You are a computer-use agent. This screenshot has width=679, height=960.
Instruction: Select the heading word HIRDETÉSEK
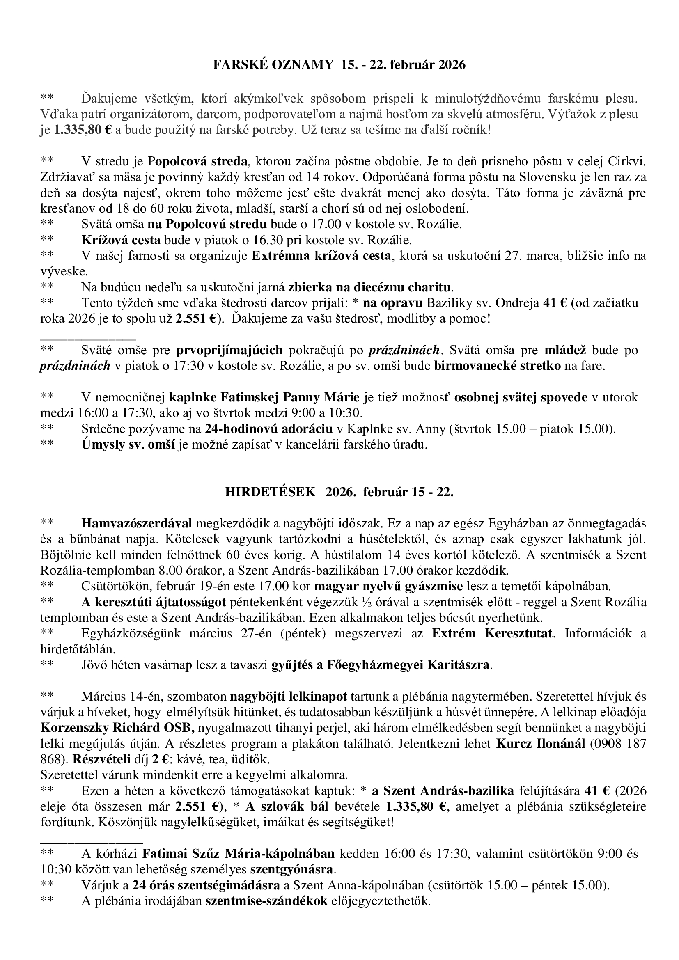pos(270,492)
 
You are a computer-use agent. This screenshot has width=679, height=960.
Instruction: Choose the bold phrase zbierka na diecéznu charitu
pos(370,287)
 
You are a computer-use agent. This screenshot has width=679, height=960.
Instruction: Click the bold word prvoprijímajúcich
pos(229,350)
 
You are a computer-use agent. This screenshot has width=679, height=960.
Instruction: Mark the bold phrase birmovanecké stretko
pos(498,366)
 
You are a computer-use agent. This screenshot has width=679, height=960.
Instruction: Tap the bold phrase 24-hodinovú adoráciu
pos(268,428)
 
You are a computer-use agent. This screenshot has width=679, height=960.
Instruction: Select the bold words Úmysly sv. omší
pos(128,444)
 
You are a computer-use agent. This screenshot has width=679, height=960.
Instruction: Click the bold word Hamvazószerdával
pos(137,523)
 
